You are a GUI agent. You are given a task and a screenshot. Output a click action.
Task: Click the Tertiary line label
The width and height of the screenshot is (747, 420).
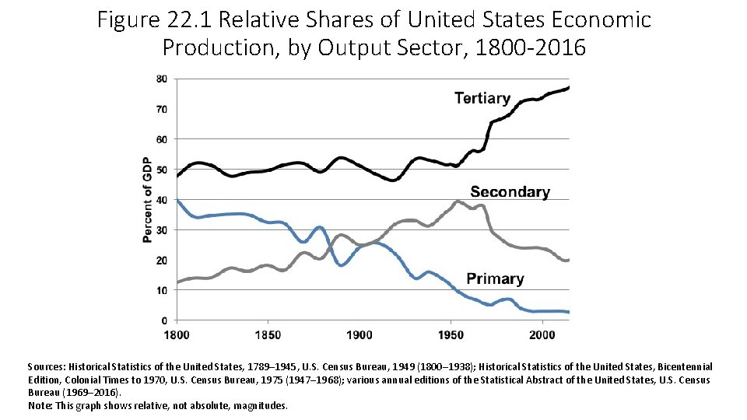(482, 99)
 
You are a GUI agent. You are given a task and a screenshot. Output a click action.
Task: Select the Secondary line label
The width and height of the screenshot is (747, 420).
(510, 192)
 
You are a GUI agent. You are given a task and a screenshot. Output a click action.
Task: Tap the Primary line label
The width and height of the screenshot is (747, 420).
(495, 278)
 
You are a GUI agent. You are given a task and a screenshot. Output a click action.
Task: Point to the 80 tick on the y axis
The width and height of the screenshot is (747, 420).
(161, 79)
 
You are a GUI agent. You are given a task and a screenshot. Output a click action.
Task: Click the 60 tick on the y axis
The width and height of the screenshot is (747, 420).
(161, 139)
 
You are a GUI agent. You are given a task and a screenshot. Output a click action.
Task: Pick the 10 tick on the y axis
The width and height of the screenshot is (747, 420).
(161, 290)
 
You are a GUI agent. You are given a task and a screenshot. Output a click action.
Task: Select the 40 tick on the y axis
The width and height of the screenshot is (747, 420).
(161, 200)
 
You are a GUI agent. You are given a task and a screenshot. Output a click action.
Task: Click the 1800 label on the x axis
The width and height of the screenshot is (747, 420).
(177, 334)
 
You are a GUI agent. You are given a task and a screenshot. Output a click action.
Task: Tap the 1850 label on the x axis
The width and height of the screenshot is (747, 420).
(268, 334)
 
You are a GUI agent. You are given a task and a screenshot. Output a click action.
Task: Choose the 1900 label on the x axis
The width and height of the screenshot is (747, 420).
(359, 334)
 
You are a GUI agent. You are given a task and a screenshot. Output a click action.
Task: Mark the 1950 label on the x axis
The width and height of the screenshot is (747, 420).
(451, 334)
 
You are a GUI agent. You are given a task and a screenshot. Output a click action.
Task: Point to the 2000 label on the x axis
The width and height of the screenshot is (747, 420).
(542, 334)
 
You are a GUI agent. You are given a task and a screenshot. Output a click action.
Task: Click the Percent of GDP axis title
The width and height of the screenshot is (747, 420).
(147, 199)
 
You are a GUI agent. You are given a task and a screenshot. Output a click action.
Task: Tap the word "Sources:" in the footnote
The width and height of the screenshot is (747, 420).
(47, 366)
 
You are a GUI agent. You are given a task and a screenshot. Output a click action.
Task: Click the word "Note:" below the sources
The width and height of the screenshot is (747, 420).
(39, 406)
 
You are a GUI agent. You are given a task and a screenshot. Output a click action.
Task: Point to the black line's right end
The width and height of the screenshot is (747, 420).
(569, 87)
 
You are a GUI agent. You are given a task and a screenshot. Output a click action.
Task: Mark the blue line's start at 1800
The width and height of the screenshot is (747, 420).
(178, 201)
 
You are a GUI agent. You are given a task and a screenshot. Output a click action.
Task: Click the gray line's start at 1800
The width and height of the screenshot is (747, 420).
(178, 282)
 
